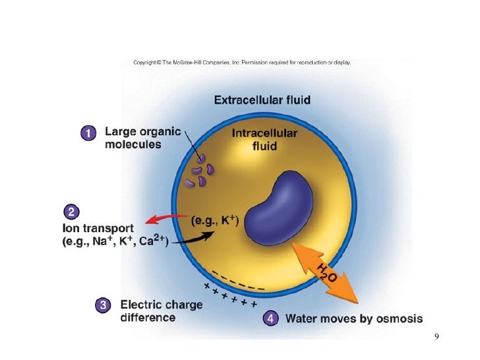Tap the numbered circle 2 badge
coord(72,212)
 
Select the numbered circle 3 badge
coord(103,305)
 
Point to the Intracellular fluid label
coord(264,139)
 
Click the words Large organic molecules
coord(142,138)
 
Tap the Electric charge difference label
coord(161,311)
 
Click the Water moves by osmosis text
coord(353,319)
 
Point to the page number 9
coord(436,338)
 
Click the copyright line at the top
coord(242,63)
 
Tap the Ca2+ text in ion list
coord(153,241)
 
